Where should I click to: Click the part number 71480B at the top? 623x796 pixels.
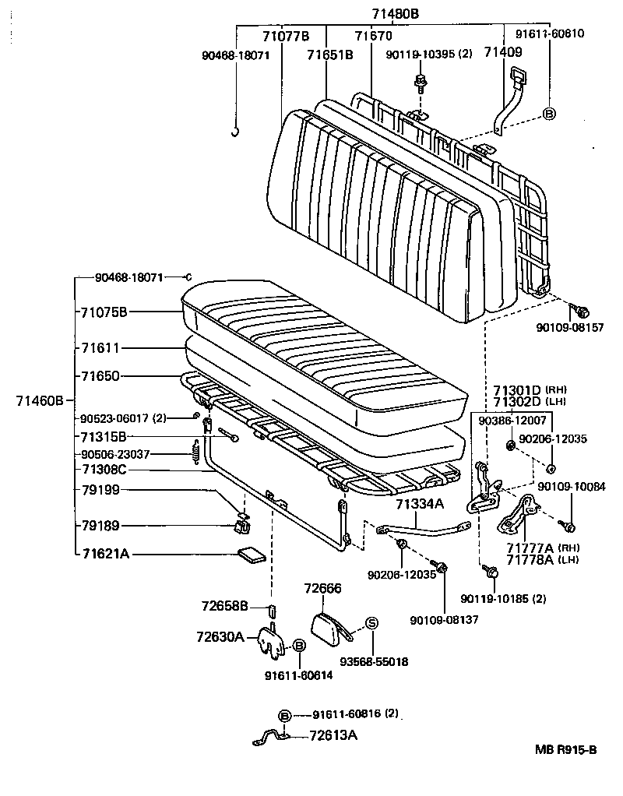pos(392,13)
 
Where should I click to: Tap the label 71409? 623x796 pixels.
pos(503,52)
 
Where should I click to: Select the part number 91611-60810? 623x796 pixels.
pos(550,33)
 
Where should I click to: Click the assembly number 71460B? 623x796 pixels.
pos(39,401)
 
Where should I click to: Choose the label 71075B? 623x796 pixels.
pos(103,312)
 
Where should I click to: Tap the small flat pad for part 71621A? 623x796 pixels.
pos(251,555)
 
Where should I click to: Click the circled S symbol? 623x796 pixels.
pos(371,623)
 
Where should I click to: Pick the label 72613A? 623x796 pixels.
pos(333,734)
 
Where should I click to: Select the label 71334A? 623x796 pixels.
pos(419,504)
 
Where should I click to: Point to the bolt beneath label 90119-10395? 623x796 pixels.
pos(421,82)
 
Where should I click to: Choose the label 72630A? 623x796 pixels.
pos(220,637)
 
